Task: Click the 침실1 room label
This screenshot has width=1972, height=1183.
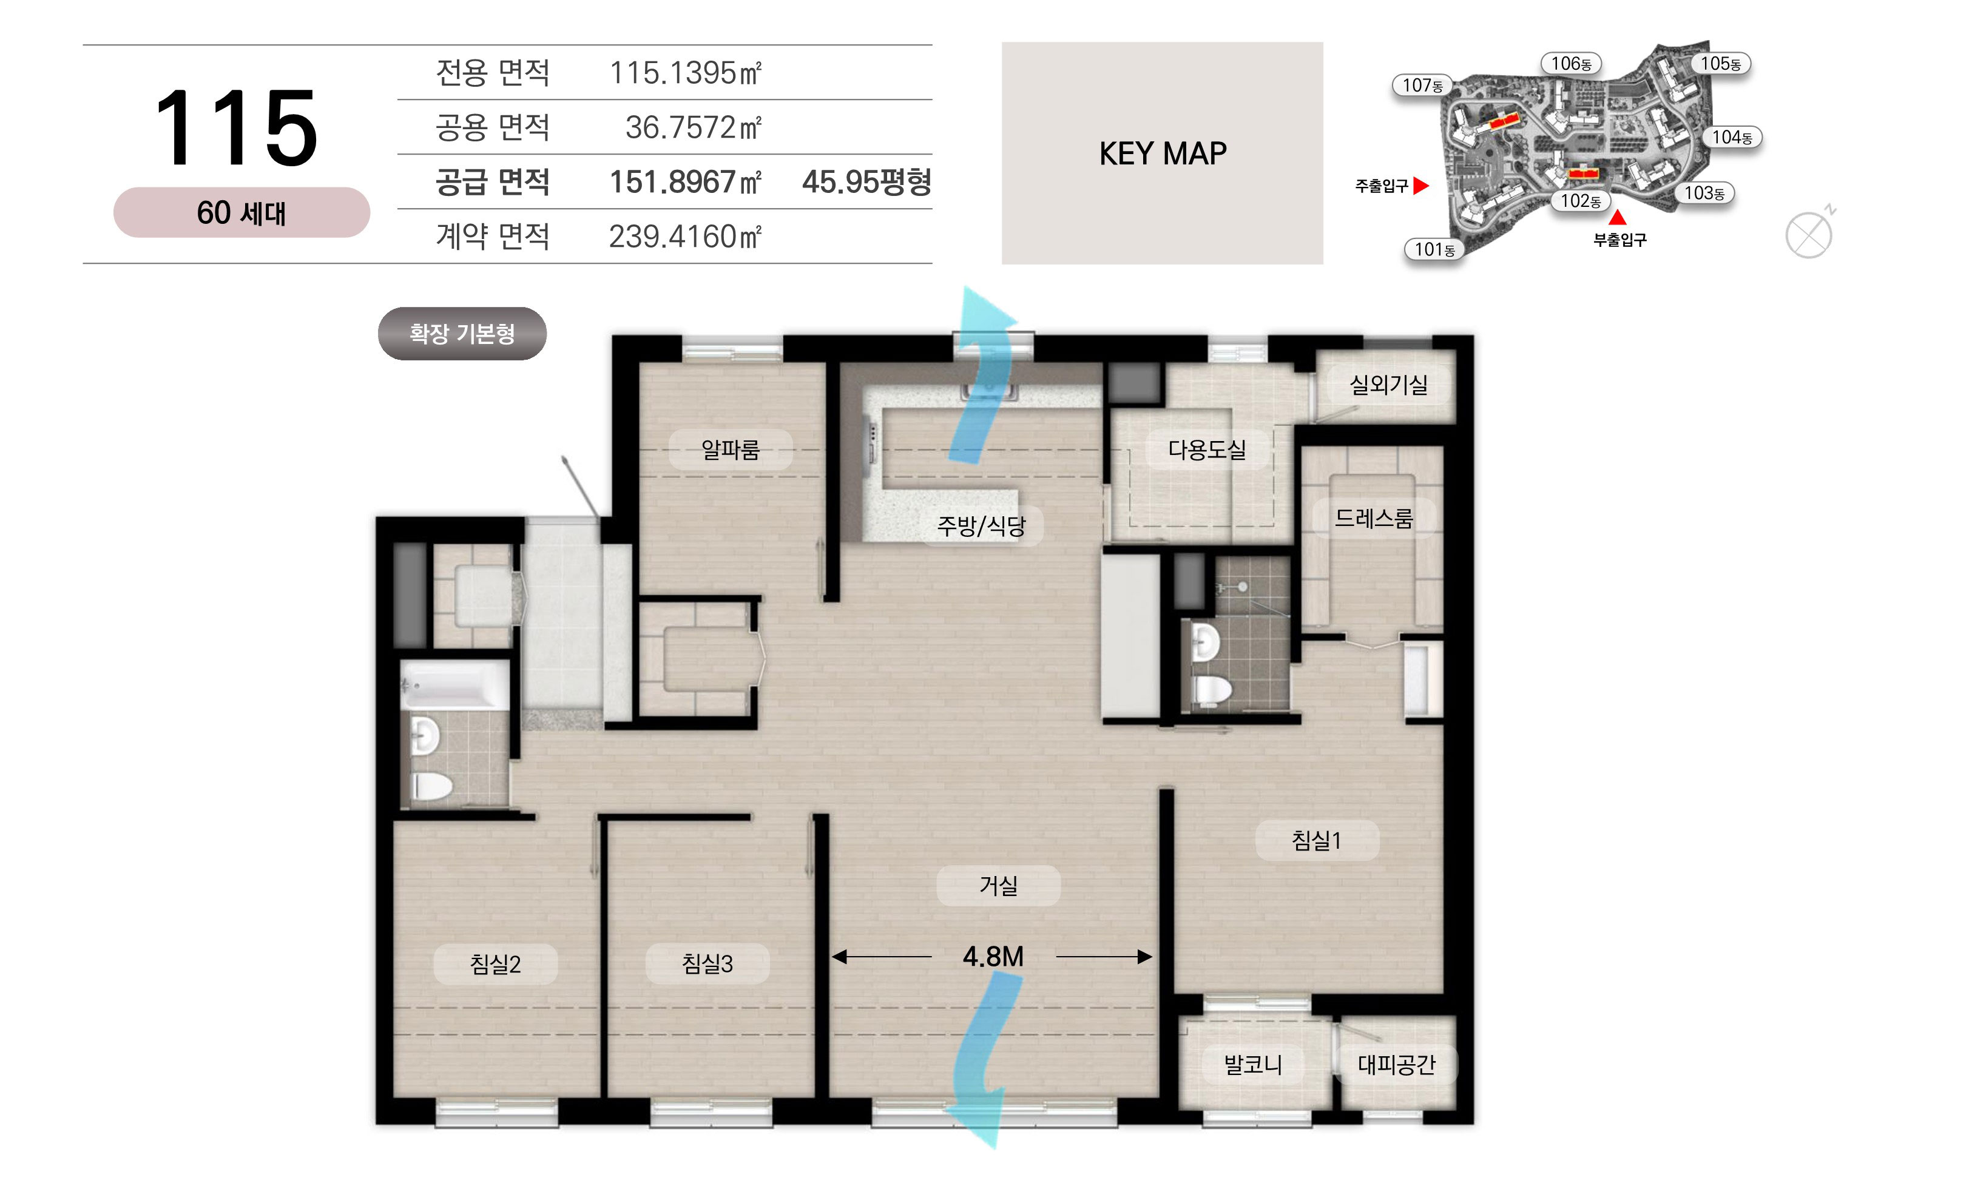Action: click(x=1316, y=840)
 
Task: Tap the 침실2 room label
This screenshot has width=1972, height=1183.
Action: click(x=495, y=965)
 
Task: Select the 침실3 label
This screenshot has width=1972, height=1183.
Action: click(x=707, y=965)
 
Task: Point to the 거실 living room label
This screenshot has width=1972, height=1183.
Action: click(x=998, y=886)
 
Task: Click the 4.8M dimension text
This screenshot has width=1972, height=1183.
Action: click(x=993, y=957)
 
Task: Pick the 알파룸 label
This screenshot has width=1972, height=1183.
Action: click(x=730, y=450)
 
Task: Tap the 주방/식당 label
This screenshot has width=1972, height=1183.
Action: click(x=981, y=526)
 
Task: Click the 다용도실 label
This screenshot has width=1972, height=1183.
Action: click(x=1207, y=450)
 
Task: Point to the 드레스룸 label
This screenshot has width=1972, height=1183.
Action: click(x=1373, y=519)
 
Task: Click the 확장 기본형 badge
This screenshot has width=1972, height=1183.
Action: click(x=462, y=333)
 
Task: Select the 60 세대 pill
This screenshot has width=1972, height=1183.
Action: click(x=241, y=213)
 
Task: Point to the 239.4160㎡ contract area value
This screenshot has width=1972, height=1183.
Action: click(x=686, y=237)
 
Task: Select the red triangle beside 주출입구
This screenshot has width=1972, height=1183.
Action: click(x=1420, y=186)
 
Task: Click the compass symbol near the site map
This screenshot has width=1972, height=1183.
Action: click(x=1809, y=235)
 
